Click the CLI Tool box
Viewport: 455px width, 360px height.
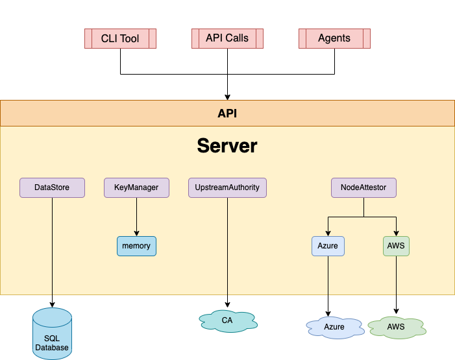pyautogui.click(x=120, y=38)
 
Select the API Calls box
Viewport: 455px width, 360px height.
pyautogui.click(x=227, y=38)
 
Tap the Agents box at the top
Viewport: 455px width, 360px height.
pyautogui.click(x=334, y=38)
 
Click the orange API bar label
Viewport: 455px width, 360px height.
pyautogui.click(x=227, y=113)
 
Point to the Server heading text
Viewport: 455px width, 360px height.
pyautogui.click(x=227, y=146)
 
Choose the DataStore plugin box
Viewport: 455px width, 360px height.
pyautogui.click(x=52, y=187)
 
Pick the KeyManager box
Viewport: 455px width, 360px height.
pyautogui.click(x=136, y=187)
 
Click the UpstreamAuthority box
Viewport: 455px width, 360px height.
pyautogui.click(x=227, y=187)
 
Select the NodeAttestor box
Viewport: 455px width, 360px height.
pyautogui.click(x=363, y=187)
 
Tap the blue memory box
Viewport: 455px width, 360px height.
pyautogui.click(x=136, y=246)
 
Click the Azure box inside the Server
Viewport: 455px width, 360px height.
pyautogui.click(x=328, y=246)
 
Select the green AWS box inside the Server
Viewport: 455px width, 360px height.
pyautogui.click(x=396, y=246)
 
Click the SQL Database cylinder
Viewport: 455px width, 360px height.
pyautogui.click(x=52, y=334)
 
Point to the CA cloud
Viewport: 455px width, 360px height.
pyautogui.click(x=227, y=320)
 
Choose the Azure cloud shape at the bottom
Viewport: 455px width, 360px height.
pyautogui.click(x=334, y=327)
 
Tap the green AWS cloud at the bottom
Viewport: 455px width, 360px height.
pyautogui.click(x=396, y=327)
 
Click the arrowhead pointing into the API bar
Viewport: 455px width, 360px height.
pyautogui.click(x=227, y=97)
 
